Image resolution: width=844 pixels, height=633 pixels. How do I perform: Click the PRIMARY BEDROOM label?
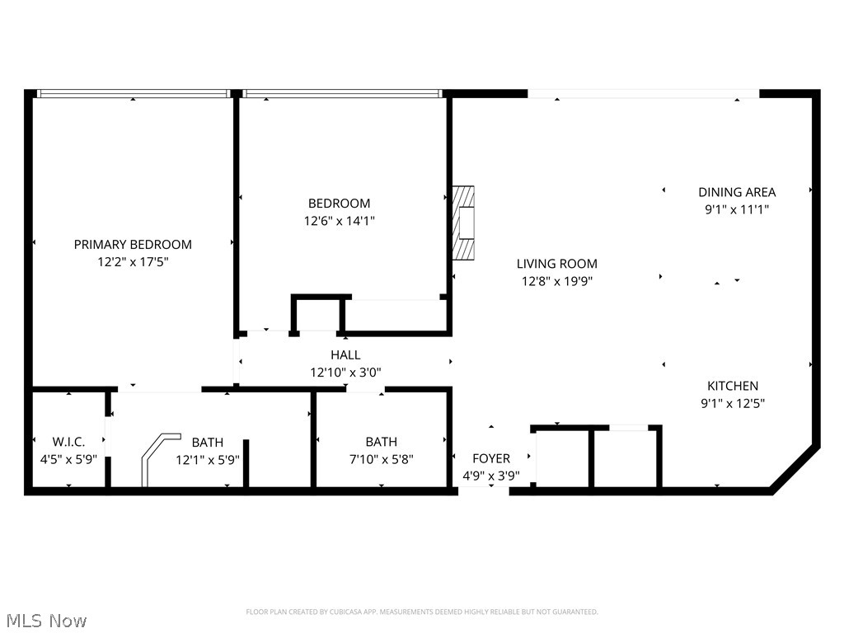[x=133, y=244]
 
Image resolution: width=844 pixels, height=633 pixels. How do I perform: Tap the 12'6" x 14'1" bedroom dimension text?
[x=339, y=221]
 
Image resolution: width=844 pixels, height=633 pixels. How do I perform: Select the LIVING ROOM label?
[x=557, y=264]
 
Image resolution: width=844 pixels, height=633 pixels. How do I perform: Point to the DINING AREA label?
[x=737, y=192]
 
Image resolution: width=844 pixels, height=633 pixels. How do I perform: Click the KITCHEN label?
[x=733, y=386]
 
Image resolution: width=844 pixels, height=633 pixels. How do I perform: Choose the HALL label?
[x=345, y=354]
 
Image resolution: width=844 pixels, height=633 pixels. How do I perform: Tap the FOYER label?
[x=490, y=458]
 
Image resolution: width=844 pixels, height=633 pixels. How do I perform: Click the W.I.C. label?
[x=68, y=442]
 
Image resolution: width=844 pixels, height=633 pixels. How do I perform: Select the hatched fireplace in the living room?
[x=465, y=223]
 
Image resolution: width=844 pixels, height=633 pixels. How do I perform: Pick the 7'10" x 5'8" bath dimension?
[x=381, y=459]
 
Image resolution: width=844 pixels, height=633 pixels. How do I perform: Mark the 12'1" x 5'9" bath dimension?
[x=208, y=459]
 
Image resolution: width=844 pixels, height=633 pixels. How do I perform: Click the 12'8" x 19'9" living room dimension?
[x=557, y=281]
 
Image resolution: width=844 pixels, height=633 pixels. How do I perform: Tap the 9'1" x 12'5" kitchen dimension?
[x=733, y=403]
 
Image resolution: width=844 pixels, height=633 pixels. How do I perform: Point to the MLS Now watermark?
[x=46, y=620]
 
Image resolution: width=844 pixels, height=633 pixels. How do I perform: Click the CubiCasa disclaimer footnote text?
[x=422, y=612]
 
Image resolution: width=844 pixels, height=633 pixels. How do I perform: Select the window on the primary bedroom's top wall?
[x=134, y=94]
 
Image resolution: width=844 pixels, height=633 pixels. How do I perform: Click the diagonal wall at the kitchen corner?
[x=795, y=470]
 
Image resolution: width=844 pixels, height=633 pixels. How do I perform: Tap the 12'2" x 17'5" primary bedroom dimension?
[x=133, y=261]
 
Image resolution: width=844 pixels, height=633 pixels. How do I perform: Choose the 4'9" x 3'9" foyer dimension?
[x=490, y=475]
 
